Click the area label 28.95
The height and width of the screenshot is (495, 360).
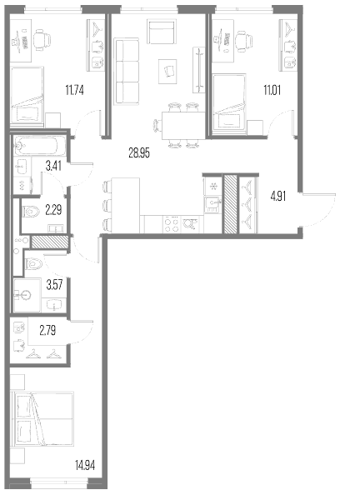pyautogui.click(x=139, y=153)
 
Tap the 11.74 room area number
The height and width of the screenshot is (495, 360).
pyautogui.click(x=74, y=90)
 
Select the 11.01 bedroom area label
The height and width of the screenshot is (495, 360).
pyautogui.click(x=272, y=90)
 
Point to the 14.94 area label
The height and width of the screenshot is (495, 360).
pyautogui.click(x=85, y=465)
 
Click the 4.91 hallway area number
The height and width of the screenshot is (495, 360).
pyautogui.click(x=278, y=197)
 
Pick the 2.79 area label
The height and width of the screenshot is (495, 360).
pyautogui.click(x=47, y=331)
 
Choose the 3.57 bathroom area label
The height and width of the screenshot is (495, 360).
pyautogui.click(x=54, y=285)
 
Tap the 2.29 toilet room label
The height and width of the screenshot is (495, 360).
pyautogui.click(x=53, y=210)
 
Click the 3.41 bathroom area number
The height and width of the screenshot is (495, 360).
pyautogui.click(x=53, y=166)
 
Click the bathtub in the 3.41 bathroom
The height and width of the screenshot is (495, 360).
pyautogui.click(x=40, y=146)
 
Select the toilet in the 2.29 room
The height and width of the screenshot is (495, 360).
pyautogui.click(x=31, y=211)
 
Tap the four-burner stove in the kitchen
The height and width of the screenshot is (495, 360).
pyautogui.click(x=172, y=224)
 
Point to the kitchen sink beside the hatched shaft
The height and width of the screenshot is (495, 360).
pyautogui.click(x=213, y=204)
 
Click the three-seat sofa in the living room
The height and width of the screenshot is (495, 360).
pyautogui.click(x=127, y=71)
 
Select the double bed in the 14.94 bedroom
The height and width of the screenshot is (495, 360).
pyautogui.click(x=42, y=418)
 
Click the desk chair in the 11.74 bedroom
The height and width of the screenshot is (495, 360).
pyautogui.click(x=42, y=40)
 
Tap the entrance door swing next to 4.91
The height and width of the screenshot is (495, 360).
pyautogui.click(x=319, y=210)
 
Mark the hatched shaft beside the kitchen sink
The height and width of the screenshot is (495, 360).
pyautogui.click(x=229, y=204)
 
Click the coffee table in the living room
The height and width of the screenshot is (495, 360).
pyautogui.click(x=167, y=72)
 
